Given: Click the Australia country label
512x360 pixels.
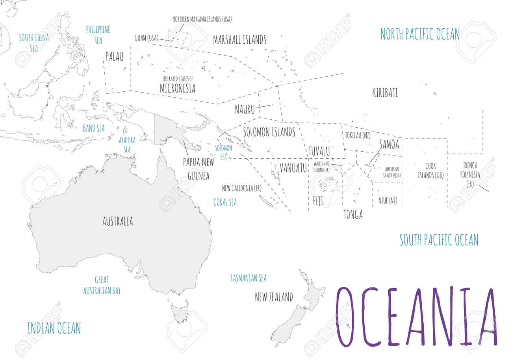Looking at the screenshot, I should tap(117, 222).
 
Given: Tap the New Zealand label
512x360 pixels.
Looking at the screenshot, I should tap(274, 297).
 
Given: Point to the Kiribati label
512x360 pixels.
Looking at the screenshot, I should tap(385, 93).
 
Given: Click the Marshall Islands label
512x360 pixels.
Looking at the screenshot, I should tap(239, 40).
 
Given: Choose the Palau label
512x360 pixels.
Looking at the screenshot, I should tap(114, 57).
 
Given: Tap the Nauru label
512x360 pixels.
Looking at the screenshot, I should tap(245, 109).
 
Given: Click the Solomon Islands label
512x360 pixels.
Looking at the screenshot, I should tap(269, 132).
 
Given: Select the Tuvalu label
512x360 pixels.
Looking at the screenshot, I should tap(319, 151).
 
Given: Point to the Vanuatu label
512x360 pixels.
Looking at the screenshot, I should tap(293, 168).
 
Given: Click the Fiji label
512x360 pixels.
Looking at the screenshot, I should tap(317, 201).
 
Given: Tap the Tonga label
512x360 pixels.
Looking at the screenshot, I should tap(353, 215).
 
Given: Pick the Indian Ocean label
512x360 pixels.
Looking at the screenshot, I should tap(54, 328).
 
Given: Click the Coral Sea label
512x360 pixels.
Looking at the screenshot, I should tap(225, 202).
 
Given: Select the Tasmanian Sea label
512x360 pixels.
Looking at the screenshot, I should tap(248, 278).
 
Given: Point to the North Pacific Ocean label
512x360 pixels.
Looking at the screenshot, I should tap(420, 34).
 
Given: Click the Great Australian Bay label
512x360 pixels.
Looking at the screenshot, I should tap(102, 285).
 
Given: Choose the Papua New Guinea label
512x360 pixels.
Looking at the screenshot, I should tap(198, 169).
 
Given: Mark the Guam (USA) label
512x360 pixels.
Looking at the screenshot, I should tap(146, 38).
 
